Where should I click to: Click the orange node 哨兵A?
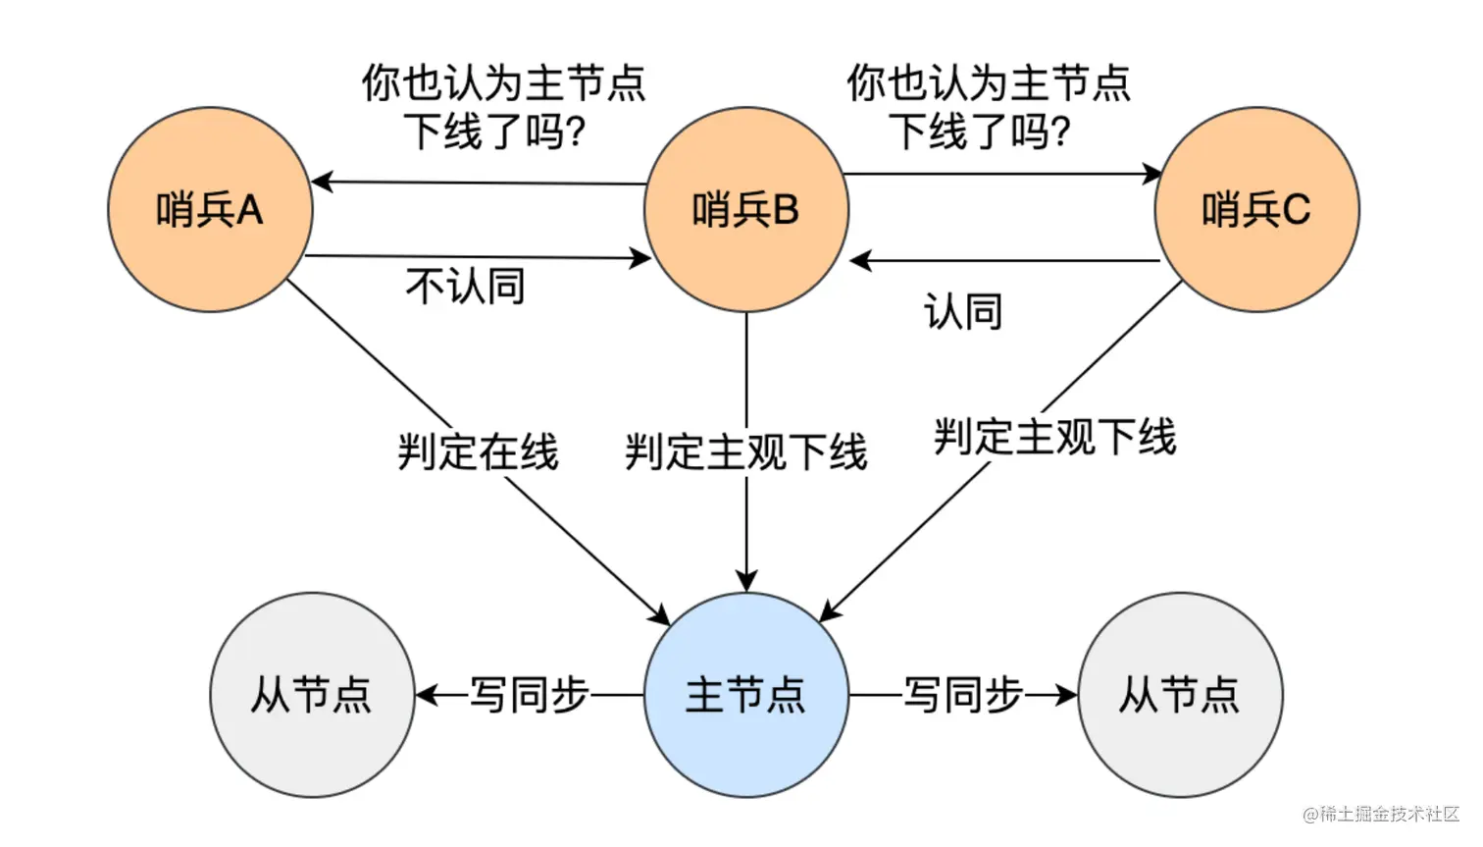coord(210,210)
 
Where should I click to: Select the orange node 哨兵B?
coord(746,210)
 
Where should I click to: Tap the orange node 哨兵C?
coord(1256,210)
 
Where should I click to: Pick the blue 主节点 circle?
coord(746,695)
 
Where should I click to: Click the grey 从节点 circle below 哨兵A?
coord(312,695)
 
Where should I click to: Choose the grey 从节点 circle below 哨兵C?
coord(1180,695)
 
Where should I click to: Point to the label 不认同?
coord(465,287)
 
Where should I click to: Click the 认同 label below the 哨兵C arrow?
coord(962,312)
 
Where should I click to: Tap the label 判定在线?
coord(478,452)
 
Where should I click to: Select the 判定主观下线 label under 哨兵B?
coord(746,452)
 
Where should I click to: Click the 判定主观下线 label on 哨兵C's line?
coord(1054,437)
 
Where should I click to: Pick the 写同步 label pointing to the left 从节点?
coord(530,695)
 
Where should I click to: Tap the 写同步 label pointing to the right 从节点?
coord(962,695)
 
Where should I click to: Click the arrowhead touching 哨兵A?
coord(322,182)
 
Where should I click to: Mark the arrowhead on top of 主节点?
coord(746,581)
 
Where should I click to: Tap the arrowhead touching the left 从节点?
coord(426,695)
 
